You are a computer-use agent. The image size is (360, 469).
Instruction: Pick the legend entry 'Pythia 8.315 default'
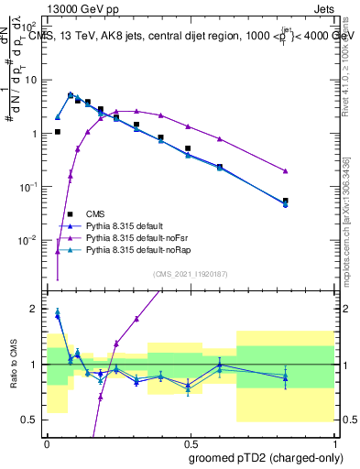pyautogui.click(x=126, y=224)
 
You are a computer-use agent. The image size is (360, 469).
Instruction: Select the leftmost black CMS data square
pyautogui.click(x=57, y=132)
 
